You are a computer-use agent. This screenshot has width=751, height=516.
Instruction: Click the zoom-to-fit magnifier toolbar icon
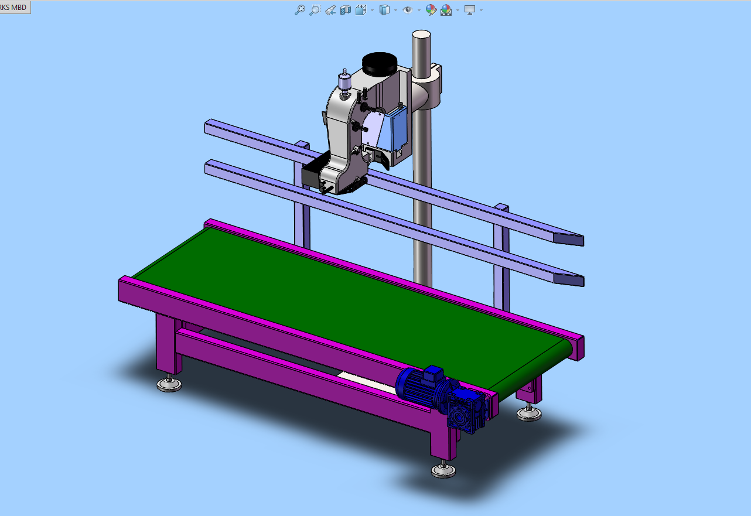coord(300,10)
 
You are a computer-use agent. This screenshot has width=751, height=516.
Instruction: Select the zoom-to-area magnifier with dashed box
coord(315,10)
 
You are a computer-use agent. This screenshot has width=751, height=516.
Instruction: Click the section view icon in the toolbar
coord(345,10)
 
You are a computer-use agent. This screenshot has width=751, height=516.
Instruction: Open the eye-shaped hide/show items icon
coord(407,10)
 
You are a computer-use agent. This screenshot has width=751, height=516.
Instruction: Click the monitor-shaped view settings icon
coord(469,10)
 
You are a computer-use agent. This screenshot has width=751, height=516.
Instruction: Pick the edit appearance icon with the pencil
coord(431,10)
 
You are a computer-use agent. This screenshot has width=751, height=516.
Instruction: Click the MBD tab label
coord(13,7)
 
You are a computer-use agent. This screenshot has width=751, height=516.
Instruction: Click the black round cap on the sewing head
coord(380,64)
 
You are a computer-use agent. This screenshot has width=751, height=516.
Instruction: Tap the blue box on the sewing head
coord(395,128)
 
